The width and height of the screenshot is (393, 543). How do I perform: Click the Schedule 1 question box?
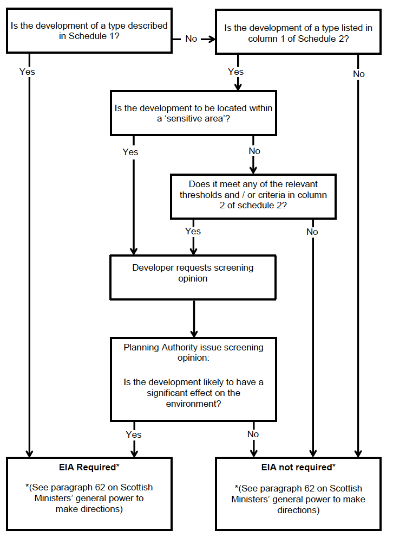point(89,31)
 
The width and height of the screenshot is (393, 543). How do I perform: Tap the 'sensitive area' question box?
point(193,113)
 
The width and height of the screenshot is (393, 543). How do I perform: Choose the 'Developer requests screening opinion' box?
point(193,277)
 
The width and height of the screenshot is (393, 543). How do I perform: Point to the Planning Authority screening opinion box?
point(193,379)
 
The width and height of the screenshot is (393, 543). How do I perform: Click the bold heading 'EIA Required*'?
point(89,467)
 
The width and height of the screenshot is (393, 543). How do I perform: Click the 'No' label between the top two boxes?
point(191,39)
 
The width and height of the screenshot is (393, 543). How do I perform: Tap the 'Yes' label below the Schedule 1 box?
point(27,72)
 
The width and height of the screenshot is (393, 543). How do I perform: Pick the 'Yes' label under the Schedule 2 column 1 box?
point(236,72)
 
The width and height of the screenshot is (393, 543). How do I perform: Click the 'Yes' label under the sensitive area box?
point(130,152)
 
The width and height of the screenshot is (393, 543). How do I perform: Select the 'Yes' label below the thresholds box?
point(193,231)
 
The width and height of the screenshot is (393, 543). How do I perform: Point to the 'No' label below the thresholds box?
point(312,232)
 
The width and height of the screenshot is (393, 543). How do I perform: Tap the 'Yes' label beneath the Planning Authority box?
point(133,435)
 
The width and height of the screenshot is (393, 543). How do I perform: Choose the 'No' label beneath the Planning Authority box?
point(253,434)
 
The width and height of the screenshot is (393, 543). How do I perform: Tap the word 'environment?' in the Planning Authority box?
point(193,404)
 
